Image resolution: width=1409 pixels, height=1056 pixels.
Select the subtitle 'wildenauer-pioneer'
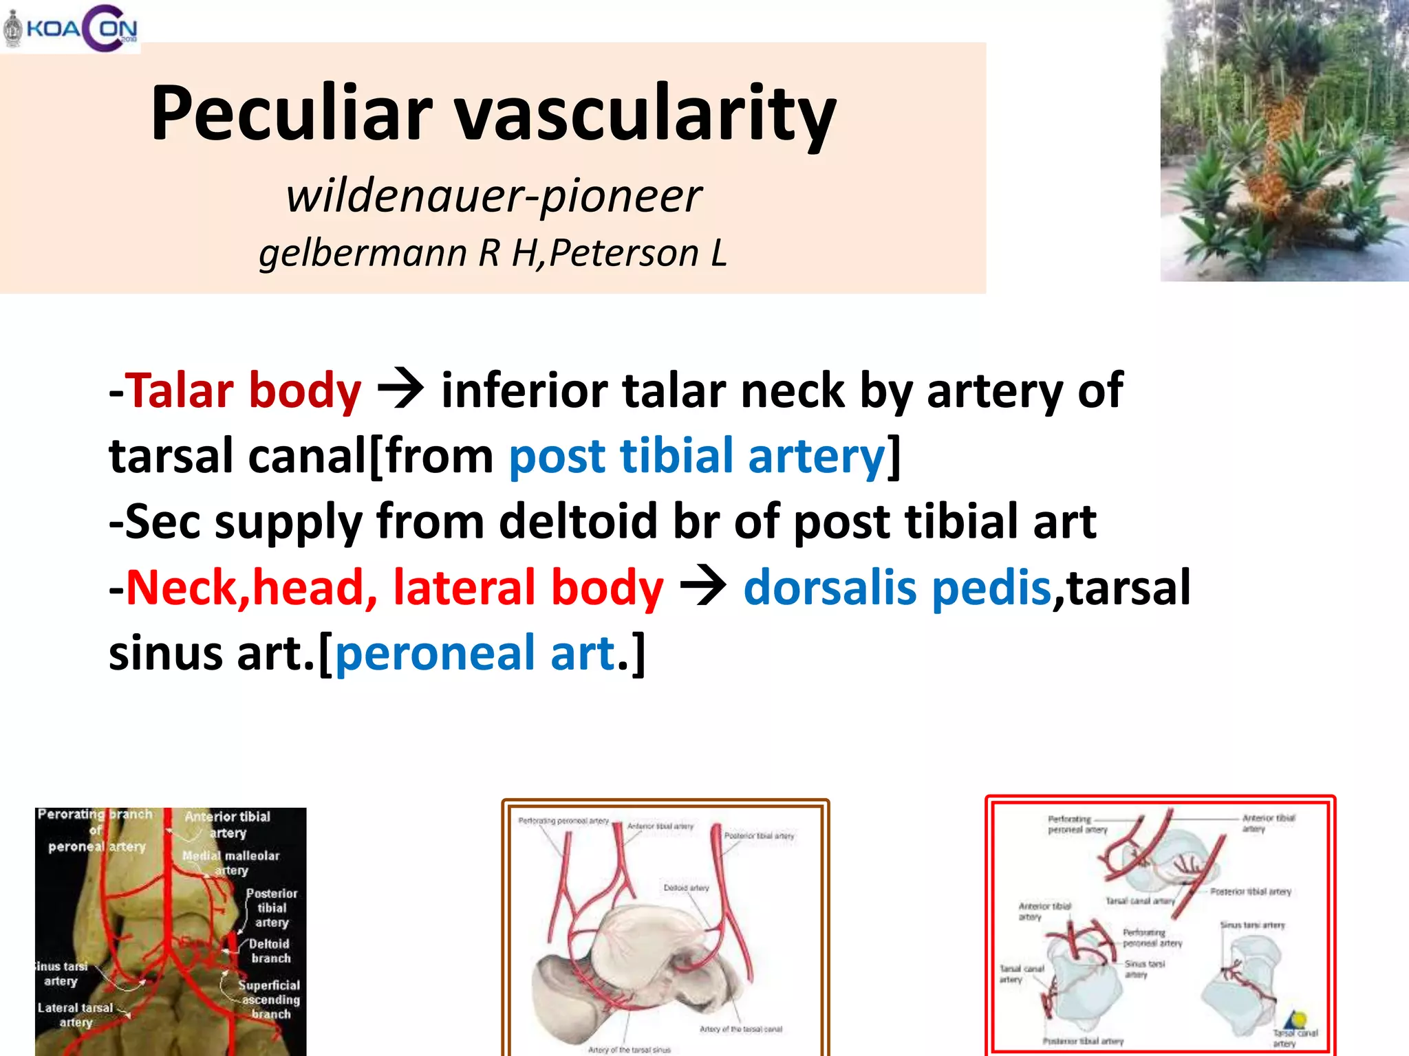click(493, 196)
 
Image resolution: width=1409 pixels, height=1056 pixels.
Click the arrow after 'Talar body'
click(400, 389)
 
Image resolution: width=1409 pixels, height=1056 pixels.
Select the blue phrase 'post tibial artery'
click(697, 456)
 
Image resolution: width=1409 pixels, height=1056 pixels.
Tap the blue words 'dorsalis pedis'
click(897, 588)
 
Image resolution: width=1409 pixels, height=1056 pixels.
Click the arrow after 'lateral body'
click(702, 586)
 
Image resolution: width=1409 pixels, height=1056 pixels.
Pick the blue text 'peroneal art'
click(475, 653)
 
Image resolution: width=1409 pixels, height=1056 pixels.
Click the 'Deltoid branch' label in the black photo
click(270, 951)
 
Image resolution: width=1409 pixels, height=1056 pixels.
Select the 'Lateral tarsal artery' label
click(75, 1015)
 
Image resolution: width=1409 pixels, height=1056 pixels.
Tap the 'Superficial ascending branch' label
click(270, 999)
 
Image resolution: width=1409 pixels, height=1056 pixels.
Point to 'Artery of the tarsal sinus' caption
click(629, 1050)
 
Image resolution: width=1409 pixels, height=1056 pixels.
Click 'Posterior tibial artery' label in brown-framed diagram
click(759, 836)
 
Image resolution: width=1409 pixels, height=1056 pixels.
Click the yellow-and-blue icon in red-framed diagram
click(1296, 1020)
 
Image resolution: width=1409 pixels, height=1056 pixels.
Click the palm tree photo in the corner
click(1284, 140)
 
